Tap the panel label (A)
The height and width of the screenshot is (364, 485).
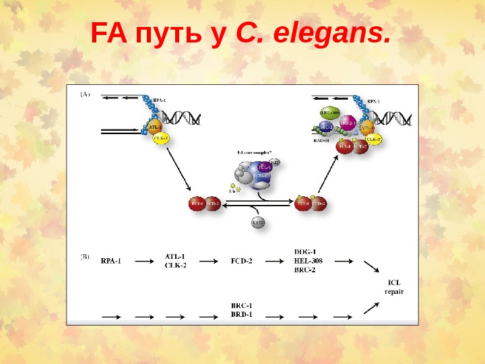(86, 95)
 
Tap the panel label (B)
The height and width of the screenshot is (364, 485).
(86, 256)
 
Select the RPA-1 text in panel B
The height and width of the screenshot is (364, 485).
(110, 261)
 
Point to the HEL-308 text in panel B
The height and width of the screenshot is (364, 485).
(307, 261)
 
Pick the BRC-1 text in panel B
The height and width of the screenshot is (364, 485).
(241, 305)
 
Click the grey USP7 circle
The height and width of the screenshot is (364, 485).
(259, 222)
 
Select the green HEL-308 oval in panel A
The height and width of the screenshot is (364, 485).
(329, 113)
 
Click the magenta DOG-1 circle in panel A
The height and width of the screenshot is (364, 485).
(348, 123)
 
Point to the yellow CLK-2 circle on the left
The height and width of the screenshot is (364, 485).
(161, 138)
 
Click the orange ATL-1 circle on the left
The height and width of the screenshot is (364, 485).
(154, 126)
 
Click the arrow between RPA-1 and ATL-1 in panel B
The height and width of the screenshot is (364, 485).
(142, 261)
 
